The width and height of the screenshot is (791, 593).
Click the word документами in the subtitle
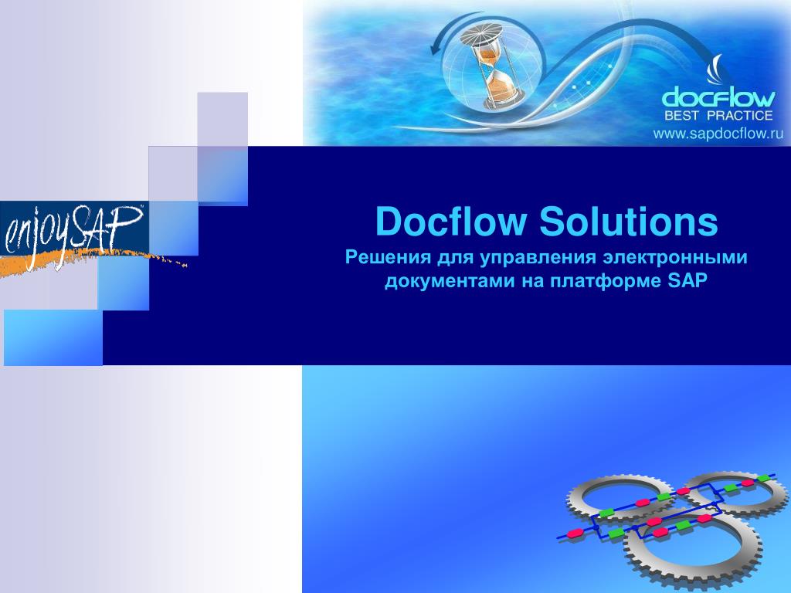pos(443,281)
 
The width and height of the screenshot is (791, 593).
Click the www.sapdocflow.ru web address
pos(718,134)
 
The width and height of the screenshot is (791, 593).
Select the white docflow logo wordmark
pos(718,98)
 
